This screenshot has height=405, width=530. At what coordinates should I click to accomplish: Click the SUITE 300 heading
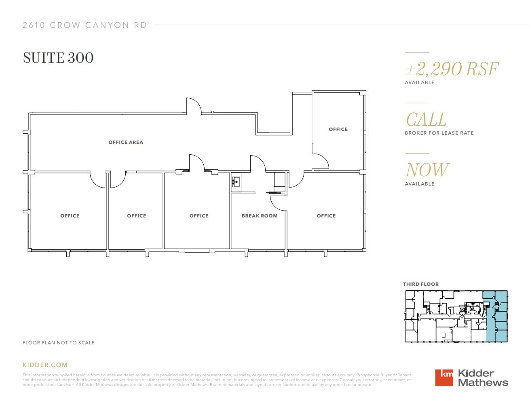tap(58, 58)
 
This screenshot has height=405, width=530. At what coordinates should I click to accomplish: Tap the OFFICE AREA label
tap(126, 142)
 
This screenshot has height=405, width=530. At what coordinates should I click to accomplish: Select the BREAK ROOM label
tap(260, 216)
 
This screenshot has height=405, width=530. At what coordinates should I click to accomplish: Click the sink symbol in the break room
tap(236, 183)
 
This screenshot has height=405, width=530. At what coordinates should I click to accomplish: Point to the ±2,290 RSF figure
tap(452, 69)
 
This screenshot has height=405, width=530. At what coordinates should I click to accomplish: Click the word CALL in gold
tap(426, 120)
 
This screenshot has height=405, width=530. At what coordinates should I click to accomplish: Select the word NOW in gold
tap(427, 170)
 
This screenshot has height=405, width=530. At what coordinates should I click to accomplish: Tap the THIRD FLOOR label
tap(420, 284)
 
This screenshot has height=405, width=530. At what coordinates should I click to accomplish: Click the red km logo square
tap(444, 378)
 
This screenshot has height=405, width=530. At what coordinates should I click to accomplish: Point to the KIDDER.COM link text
tap(45, 365)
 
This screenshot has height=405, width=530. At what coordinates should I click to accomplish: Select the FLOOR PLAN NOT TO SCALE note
tap(59, 343)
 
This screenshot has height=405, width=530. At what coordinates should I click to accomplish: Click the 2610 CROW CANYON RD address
tap(85, 25)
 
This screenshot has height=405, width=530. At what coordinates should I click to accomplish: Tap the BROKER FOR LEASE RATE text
tap(439, 133)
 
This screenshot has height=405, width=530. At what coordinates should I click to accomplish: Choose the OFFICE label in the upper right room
tap(338, 129)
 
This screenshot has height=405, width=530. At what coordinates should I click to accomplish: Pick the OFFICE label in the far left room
tap(70, 216)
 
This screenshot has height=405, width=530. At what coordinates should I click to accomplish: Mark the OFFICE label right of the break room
tap(326, 216)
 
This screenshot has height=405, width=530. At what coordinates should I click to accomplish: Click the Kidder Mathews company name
tap(483, 378)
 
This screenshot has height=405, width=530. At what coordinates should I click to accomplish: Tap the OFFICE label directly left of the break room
tap(199, 216)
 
